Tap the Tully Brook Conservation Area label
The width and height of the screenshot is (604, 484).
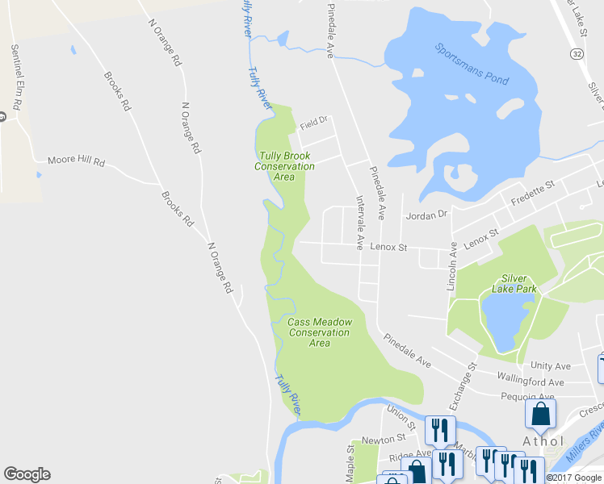click(x=284, y=166)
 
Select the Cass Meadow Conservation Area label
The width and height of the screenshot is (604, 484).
click(x=320, y=332)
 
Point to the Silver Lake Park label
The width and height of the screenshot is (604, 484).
click(x=514, y=282)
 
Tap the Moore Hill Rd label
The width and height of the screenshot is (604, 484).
click(x=77, y=161)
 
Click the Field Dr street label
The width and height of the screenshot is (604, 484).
click(x=312, y=123)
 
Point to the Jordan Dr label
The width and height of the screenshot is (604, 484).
click(x=426, y=215)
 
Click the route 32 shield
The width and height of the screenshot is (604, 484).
click(x=576, y=52)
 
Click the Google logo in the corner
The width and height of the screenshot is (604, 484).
click(x=27, y=474)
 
